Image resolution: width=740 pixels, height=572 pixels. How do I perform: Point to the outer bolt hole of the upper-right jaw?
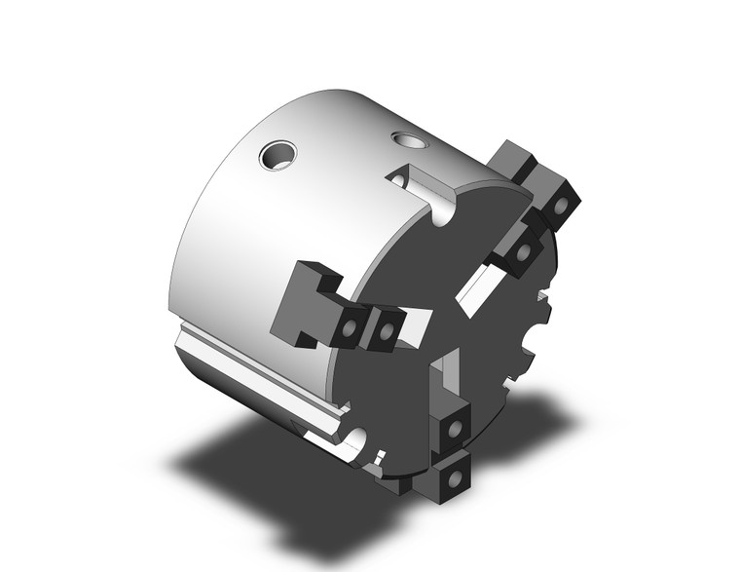(562, 206)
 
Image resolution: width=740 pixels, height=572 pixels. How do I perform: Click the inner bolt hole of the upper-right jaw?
(526, 251)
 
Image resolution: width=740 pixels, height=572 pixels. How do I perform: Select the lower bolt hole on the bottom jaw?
(451, 478)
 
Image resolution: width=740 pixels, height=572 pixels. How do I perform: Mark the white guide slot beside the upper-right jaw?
(481, 289)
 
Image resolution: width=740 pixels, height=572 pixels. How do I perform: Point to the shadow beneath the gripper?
(292, 487)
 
